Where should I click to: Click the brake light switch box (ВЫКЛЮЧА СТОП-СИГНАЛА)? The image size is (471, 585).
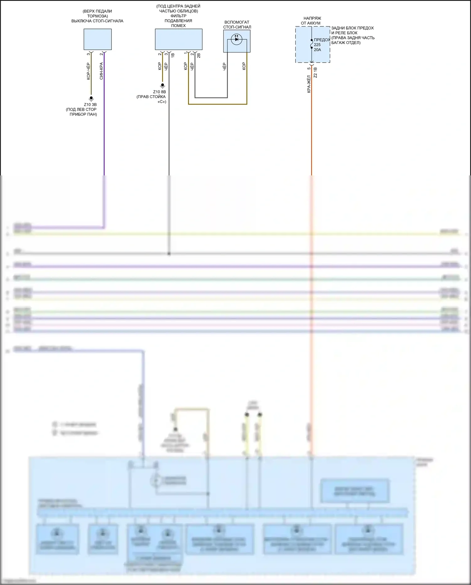pyautogui.click(x=97, y=39)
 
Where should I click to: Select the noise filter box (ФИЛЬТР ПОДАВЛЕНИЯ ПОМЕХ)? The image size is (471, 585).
pyautogui.click(x=178, y=39)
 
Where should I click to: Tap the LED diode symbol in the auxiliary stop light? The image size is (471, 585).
pyautogui.click(x=236, y=39)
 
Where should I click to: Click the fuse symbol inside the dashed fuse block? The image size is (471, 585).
pyautogui.click(x=311, y=44)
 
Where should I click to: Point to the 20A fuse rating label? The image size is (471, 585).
pyautogui.click(x=317, y=50)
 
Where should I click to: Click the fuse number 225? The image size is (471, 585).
pyautogui.click(x=317, y=45)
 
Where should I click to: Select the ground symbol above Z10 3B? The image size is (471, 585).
pyautogui.click(x=91, y=98)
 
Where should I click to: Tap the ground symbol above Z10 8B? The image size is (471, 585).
pyautogui.click(x=162, y=85)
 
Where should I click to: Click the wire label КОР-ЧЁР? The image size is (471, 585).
pyautogui.click(x=89, y=71)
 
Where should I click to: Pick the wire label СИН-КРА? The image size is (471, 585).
pyautogui.click(x=101, y=71)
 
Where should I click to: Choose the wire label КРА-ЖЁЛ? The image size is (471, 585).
pyautogui.click(x=309, y=84)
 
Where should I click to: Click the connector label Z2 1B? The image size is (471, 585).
pyautogui.click(x=315, y=73)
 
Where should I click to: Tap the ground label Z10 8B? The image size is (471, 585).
pyautogui.click(x=160, y=92)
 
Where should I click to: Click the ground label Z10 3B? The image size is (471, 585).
pyautogui.click(x=90, y=105)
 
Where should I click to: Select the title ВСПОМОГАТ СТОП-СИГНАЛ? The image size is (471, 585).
pyautogui.click(x=237, y=25)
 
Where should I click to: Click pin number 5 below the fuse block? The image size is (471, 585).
pyautogui.click(x=309, y=68)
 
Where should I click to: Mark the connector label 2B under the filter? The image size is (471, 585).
pyautogui.click(x=198, y=56)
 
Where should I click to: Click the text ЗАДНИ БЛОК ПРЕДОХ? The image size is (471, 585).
pyautogui.click(x=352, y=28)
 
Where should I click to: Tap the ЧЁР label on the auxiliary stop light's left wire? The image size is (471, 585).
pyautogui.click(x=225, y=66)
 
